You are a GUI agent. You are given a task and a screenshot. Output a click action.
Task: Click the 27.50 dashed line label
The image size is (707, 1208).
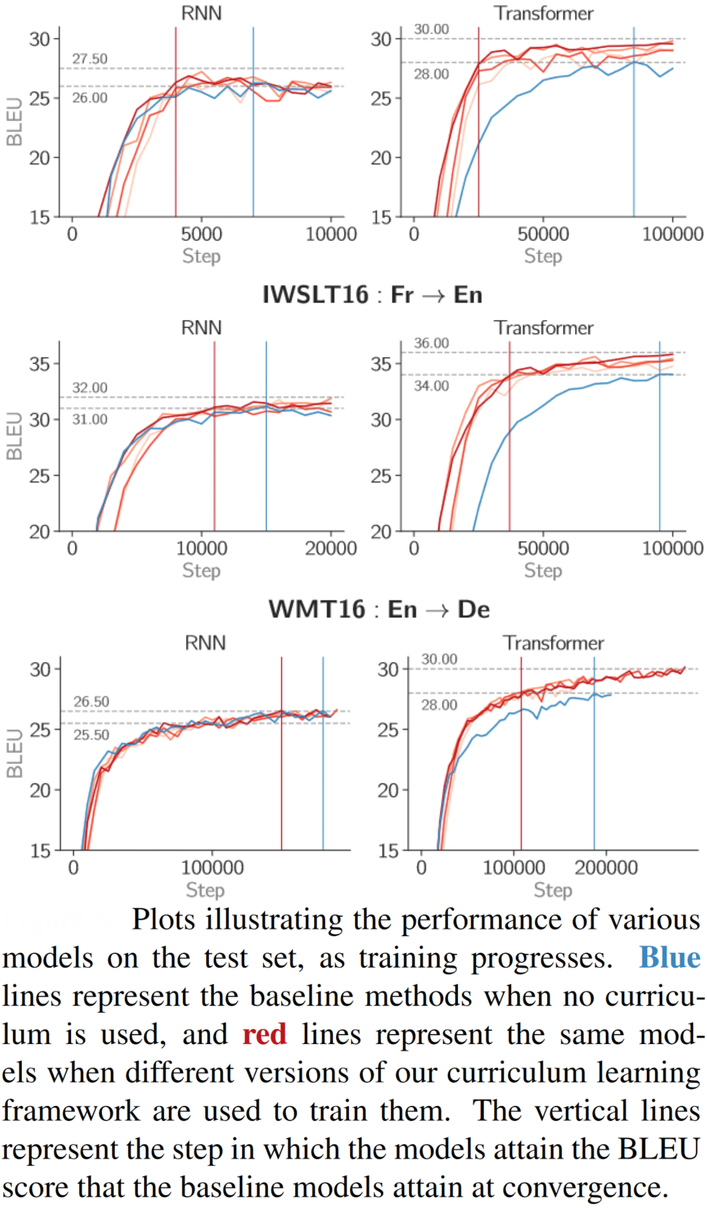[x=90, y=59]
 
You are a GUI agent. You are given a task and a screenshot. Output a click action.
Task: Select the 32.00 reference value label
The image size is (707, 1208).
[x=90, y=388]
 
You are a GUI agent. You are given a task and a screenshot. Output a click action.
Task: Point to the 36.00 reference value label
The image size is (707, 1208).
[x=431, y=343]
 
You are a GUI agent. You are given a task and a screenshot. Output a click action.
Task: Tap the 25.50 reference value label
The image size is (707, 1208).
[x=91, y=735]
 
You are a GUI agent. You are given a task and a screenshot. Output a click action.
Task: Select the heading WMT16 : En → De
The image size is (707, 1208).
[x=379, y=609]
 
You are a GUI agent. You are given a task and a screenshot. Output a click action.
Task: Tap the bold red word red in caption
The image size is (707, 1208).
[x=265, y=1034]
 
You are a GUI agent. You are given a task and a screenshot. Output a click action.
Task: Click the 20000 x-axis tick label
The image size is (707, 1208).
[x=331, y=548]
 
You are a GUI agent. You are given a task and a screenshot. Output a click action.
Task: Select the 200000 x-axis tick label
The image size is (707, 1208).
[x=606, y=868]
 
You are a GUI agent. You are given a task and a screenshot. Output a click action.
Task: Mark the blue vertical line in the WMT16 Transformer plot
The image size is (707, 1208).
[x=594, y=767]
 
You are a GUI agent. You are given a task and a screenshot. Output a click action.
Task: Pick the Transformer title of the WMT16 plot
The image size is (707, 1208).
[x=553, y=643]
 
